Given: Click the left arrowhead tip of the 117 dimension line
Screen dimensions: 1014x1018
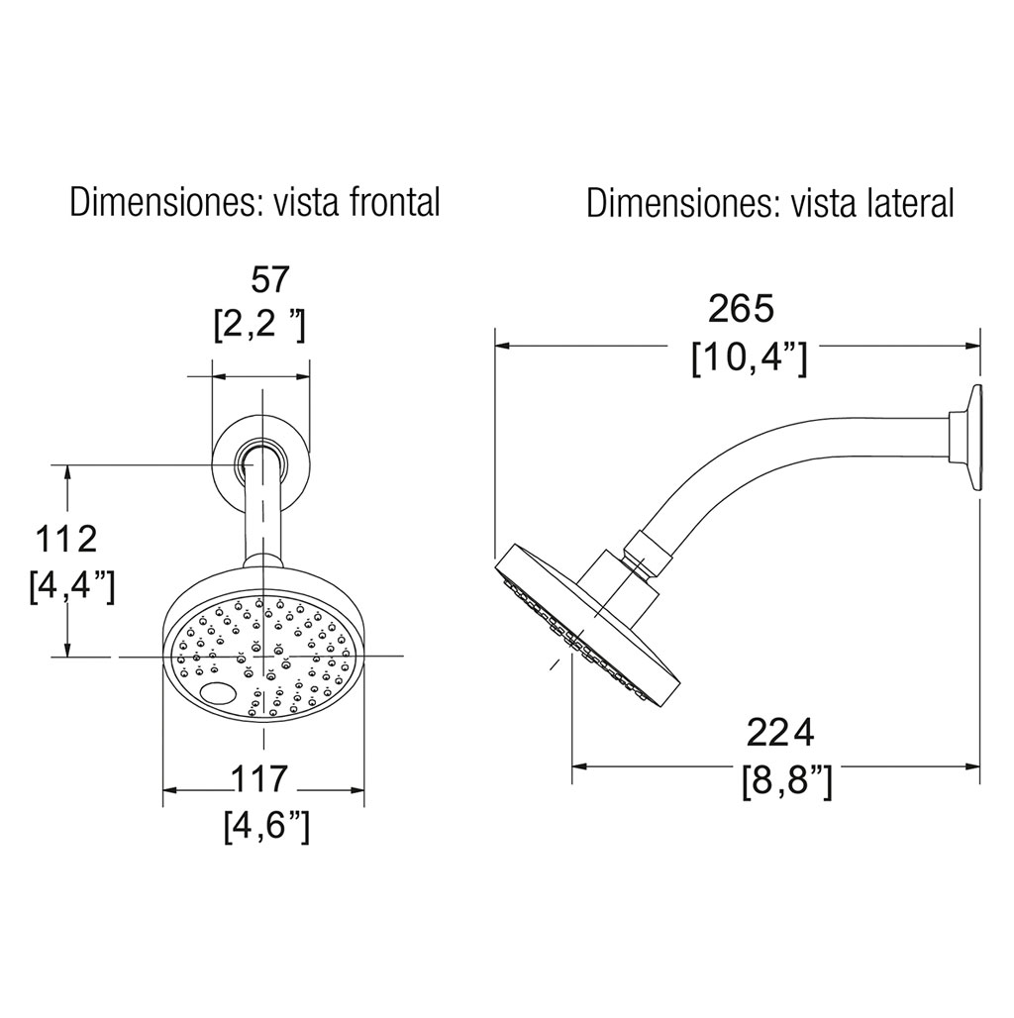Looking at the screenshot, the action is (163, 790).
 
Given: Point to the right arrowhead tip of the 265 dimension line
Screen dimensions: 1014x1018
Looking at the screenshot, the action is (979, 346).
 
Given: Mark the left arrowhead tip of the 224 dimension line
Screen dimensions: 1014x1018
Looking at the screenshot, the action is (572, 766).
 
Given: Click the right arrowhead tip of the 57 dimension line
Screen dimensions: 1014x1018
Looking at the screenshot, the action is (308, 375).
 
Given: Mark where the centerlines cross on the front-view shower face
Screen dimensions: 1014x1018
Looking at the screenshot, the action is (263, 657).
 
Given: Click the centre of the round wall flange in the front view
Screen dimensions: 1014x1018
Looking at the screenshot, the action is (261, 464).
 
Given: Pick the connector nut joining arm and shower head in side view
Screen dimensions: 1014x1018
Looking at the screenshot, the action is (644, 554).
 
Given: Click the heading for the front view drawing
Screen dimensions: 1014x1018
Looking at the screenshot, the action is (255, 202).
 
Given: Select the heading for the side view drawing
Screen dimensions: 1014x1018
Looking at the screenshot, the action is (770, 203).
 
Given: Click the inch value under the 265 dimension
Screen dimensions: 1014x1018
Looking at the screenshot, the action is (750, 359).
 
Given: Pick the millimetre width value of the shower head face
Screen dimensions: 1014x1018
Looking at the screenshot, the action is (259, 779).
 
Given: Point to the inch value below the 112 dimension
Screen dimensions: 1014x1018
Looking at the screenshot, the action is (72, 586).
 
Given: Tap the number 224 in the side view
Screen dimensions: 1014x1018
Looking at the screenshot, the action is (780, 733).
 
